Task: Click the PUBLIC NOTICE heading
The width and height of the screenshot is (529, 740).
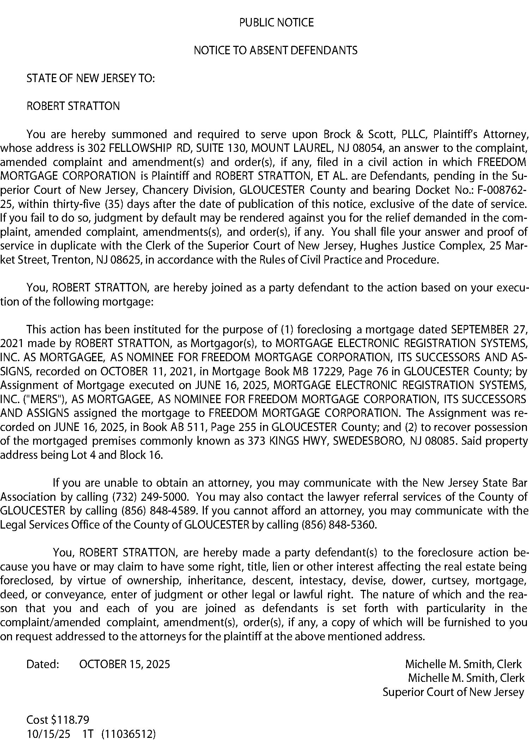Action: (276, 23)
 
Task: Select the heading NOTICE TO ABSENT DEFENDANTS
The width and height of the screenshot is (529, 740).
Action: (275, 51)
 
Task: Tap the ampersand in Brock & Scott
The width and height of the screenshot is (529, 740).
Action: (360, 135)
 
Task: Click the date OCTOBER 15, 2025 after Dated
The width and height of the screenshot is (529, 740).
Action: (124, 665)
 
